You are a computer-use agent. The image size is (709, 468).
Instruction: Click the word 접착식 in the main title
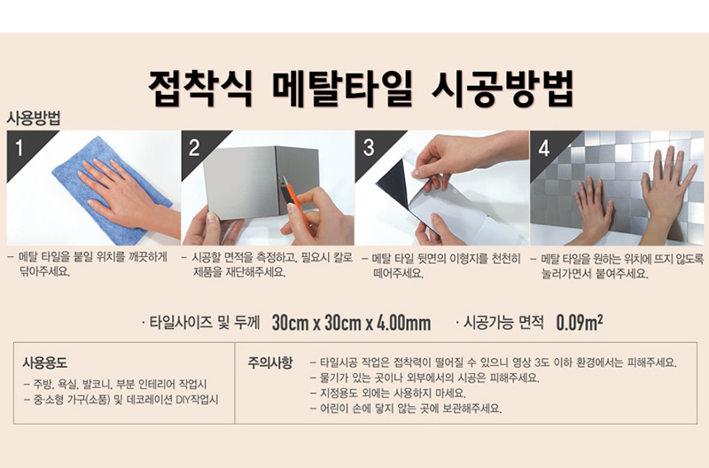tap(200, 89)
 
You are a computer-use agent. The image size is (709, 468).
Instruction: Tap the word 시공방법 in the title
tap(503, 89)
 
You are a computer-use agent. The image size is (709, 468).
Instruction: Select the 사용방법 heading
tap(34, 118)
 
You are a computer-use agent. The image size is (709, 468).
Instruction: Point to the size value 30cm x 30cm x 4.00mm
tap(351, 323)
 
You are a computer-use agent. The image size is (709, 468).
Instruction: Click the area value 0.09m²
tap(580, 323)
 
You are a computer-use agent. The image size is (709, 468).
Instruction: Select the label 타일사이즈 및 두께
tap(205, 323)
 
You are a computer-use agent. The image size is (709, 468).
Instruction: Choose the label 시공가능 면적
tap(503, 323)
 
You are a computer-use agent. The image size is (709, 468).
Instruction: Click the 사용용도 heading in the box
tap(45, 363)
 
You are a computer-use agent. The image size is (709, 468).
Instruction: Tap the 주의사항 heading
tap(270, 363)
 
